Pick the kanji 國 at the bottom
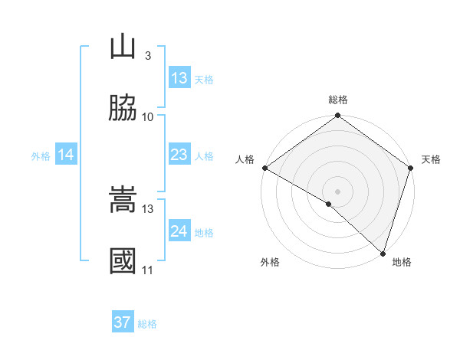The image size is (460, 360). pyautogui.click(x=123, y=261)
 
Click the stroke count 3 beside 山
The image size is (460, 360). pyautogui.click(x=147, y=56)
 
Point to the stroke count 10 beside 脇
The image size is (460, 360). pyautogui.click(x=148, y=116)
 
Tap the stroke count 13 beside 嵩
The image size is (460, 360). pyautogui.click(x=148, y=208)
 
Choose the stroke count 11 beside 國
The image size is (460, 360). pyautogui.click(x=148, y=270)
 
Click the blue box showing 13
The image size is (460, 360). pyautogui.click(x=179, y=78)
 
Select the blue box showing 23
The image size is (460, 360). pyautogui.click(x=179, y=155)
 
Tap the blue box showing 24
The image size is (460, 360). pyautogui.click(x=179, y=231)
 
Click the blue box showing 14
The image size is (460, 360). pyautogui.click(x=66, y=155)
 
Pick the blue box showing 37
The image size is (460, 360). pyautogui.click(x=123, y=322)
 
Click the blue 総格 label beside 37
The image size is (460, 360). pyautogui.click(x=147, y=324)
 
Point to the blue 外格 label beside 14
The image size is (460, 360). pyautogui.click(x=41, y=156)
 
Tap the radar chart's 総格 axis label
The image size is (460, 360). pyautogui.click(x=338, y=100)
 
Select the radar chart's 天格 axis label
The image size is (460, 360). pyautogui.click(x=431, y=159)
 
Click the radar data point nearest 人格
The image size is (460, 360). pyautogui.click(x=264, y=168)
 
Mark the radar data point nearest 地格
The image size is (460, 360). pyautogui.click(x=383, y=253)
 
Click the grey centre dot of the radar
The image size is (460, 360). pyautogui.click(x=338, y=191)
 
